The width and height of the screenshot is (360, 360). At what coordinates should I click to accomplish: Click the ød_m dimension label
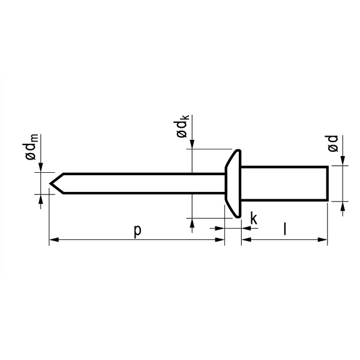[31, 147]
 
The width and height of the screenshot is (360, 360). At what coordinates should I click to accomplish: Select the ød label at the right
[333, 143]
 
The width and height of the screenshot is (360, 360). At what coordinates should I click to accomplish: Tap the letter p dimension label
[137, 230]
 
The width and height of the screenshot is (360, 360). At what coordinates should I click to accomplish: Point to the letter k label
[254, 218]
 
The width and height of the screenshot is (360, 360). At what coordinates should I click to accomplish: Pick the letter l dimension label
[284, 229]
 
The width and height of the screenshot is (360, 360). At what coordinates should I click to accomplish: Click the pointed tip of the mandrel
[50, 184]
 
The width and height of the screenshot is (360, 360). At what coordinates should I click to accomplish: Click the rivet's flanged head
[233, 184]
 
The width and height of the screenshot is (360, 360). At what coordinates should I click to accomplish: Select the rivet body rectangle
[284, 184]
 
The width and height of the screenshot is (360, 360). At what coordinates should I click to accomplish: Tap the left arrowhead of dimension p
[54, 239]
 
